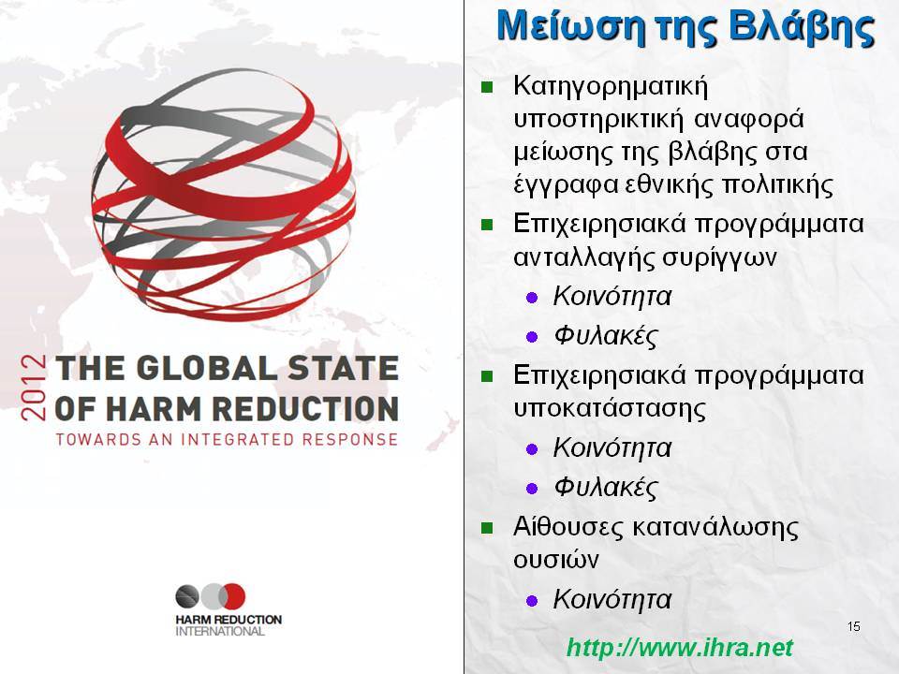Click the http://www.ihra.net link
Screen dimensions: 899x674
point(680,648)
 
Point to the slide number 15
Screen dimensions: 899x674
point(854,626)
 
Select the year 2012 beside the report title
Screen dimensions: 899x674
point(34,388)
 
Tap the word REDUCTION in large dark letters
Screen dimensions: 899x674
point(305,409)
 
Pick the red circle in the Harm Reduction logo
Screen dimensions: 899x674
point(233,596)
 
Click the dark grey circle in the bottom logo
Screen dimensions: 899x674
point(187,596)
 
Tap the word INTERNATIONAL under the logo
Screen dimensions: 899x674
point(219,632)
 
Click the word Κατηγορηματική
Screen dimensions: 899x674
point(611,87)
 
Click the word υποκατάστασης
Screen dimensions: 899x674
point(610,409)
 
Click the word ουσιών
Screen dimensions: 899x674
point(555,560)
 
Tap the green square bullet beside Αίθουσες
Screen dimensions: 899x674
point(487,527)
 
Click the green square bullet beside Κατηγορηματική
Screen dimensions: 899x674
point(487,88)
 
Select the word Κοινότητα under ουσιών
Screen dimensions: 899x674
point(612,599)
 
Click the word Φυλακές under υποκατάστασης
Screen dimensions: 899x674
point(606,488)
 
